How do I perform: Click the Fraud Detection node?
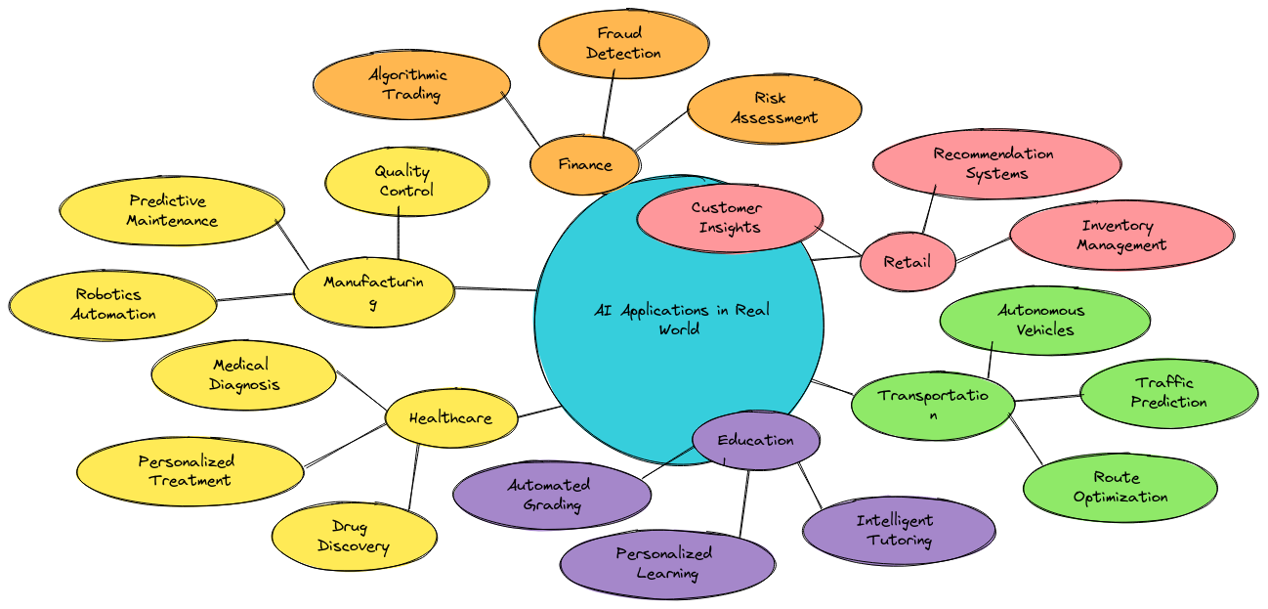click(x=623, y=44)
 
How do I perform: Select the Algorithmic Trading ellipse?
click(x=411, y=84)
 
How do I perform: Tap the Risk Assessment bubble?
click(x=775, y=109)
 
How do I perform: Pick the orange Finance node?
click(x=585, y=164)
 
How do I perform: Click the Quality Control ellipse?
click(x=407, y=181)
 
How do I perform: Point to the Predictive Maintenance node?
click(x=172, y=210)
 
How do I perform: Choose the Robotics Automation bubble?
click(x=112, y=305)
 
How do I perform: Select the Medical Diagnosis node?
click(x=243, y=375)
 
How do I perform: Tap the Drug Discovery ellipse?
click(x=354, y=537)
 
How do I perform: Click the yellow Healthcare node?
click(x=451, y=418)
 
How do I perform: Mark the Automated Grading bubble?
click(x=552, y=496)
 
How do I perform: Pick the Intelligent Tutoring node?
click(x=899, y=530)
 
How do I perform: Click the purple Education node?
click(x=756, y=440)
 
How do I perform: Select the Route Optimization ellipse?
click(x=1120, y=487)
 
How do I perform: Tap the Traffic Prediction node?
click(x=1169, y=393)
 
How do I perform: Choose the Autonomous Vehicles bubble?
click(x=1045, y=320)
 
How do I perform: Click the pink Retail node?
click(x=908, y=262)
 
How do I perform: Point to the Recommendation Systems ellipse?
click(x=996, y=163)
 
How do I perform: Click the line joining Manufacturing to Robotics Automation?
click(x=255, y=297)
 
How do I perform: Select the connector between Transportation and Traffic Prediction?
click(x=1047, y=398)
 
